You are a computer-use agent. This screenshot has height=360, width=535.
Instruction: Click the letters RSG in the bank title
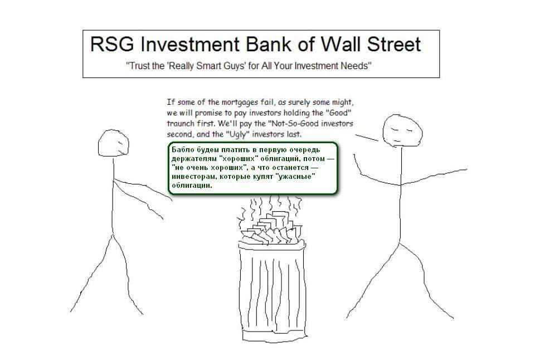tap(112, 45)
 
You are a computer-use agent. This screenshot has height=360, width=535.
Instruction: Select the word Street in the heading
tap(394, 45)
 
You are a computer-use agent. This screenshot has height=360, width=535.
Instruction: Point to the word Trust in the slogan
tap(139, 66)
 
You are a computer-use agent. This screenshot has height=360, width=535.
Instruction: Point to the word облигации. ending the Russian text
tap(192, 186)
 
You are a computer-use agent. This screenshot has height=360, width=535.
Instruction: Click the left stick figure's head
tap(113, 143)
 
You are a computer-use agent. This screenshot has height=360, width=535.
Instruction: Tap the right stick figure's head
tap(402, 131)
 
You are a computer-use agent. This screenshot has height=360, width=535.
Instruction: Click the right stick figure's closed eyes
tap(402, 130)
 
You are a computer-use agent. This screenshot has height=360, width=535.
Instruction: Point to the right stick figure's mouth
tap(396, 140)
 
